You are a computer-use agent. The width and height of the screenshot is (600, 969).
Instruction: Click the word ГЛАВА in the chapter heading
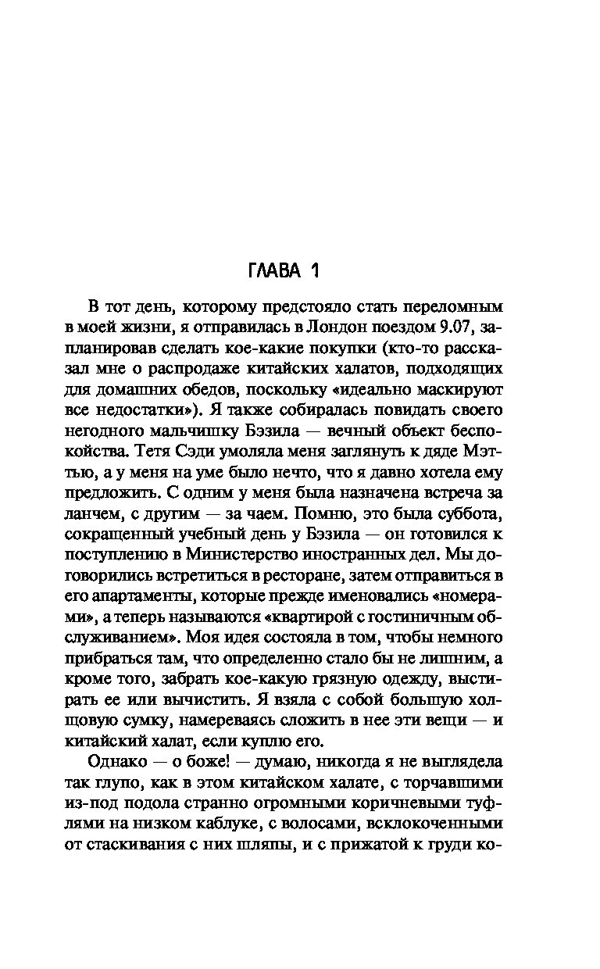click(276, 271)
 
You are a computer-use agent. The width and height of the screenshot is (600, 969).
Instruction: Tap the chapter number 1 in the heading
click(315, 271)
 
